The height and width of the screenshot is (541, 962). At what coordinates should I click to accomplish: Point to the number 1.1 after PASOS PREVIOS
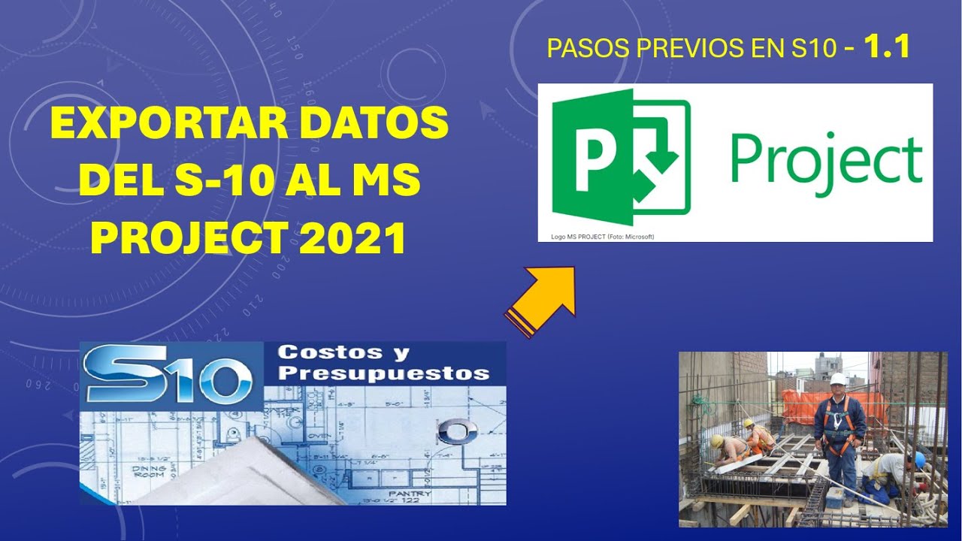coord(887,48)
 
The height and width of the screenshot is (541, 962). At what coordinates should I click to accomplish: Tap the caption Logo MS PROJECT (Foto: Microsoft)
coord(603,237)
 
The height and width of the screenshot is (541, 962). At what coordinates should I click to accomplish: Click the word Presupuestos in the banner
coord(383,373)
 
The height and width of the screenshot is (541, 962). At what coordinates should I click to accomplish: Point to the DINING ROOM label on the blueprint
coord(149,472)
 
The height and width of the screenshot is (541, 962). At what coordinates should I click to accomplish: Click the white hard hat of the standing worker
coord(838,379)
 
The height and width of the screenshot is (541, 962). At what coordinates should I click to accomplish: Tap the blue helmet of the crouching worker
coord(919,459)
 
